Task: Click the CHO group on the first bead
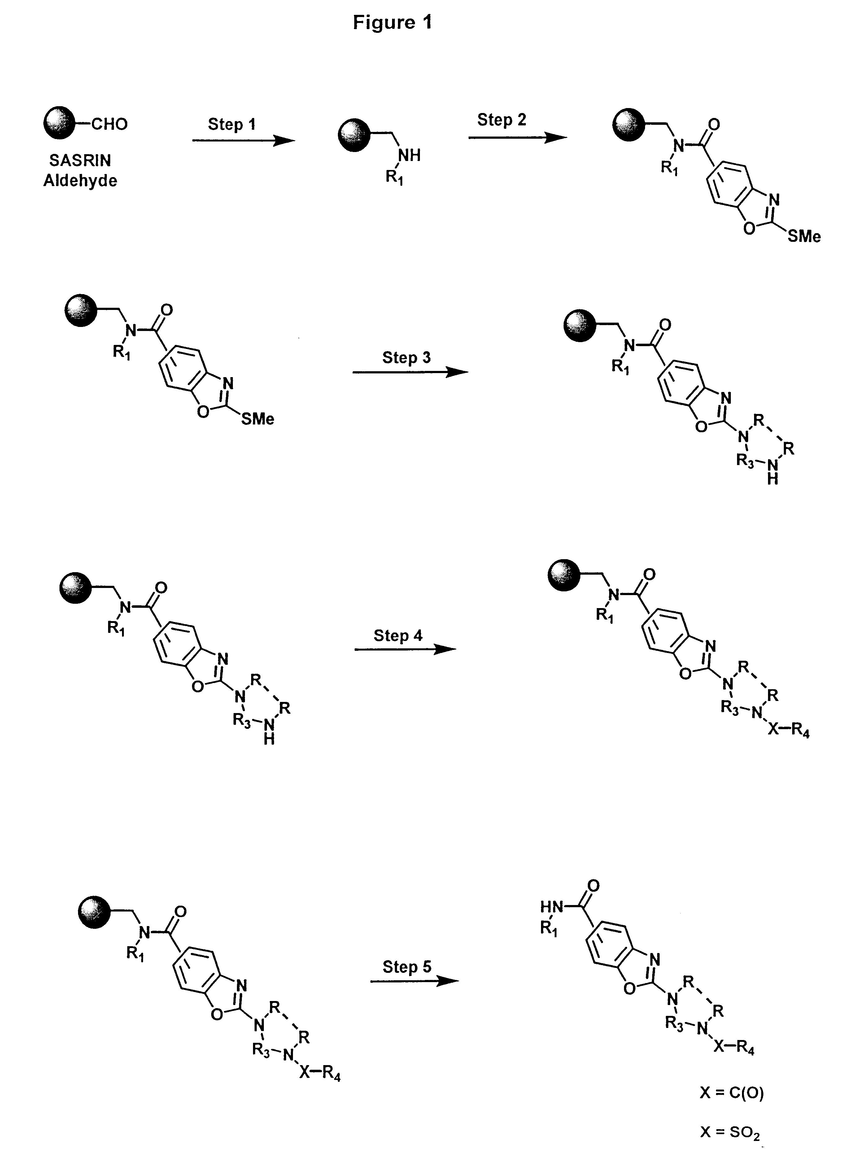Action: coord(109,124)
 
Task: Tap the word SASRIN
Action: coord(80,161)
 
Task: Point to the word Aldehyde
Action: coord(80,181)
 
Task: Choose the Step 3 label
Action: coord(406,357)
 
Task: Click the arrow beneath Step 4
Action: coord(405,650)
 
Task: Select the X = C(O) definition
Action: coord(731,1092)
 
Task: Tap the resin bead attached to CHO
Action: coord(59,123)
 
